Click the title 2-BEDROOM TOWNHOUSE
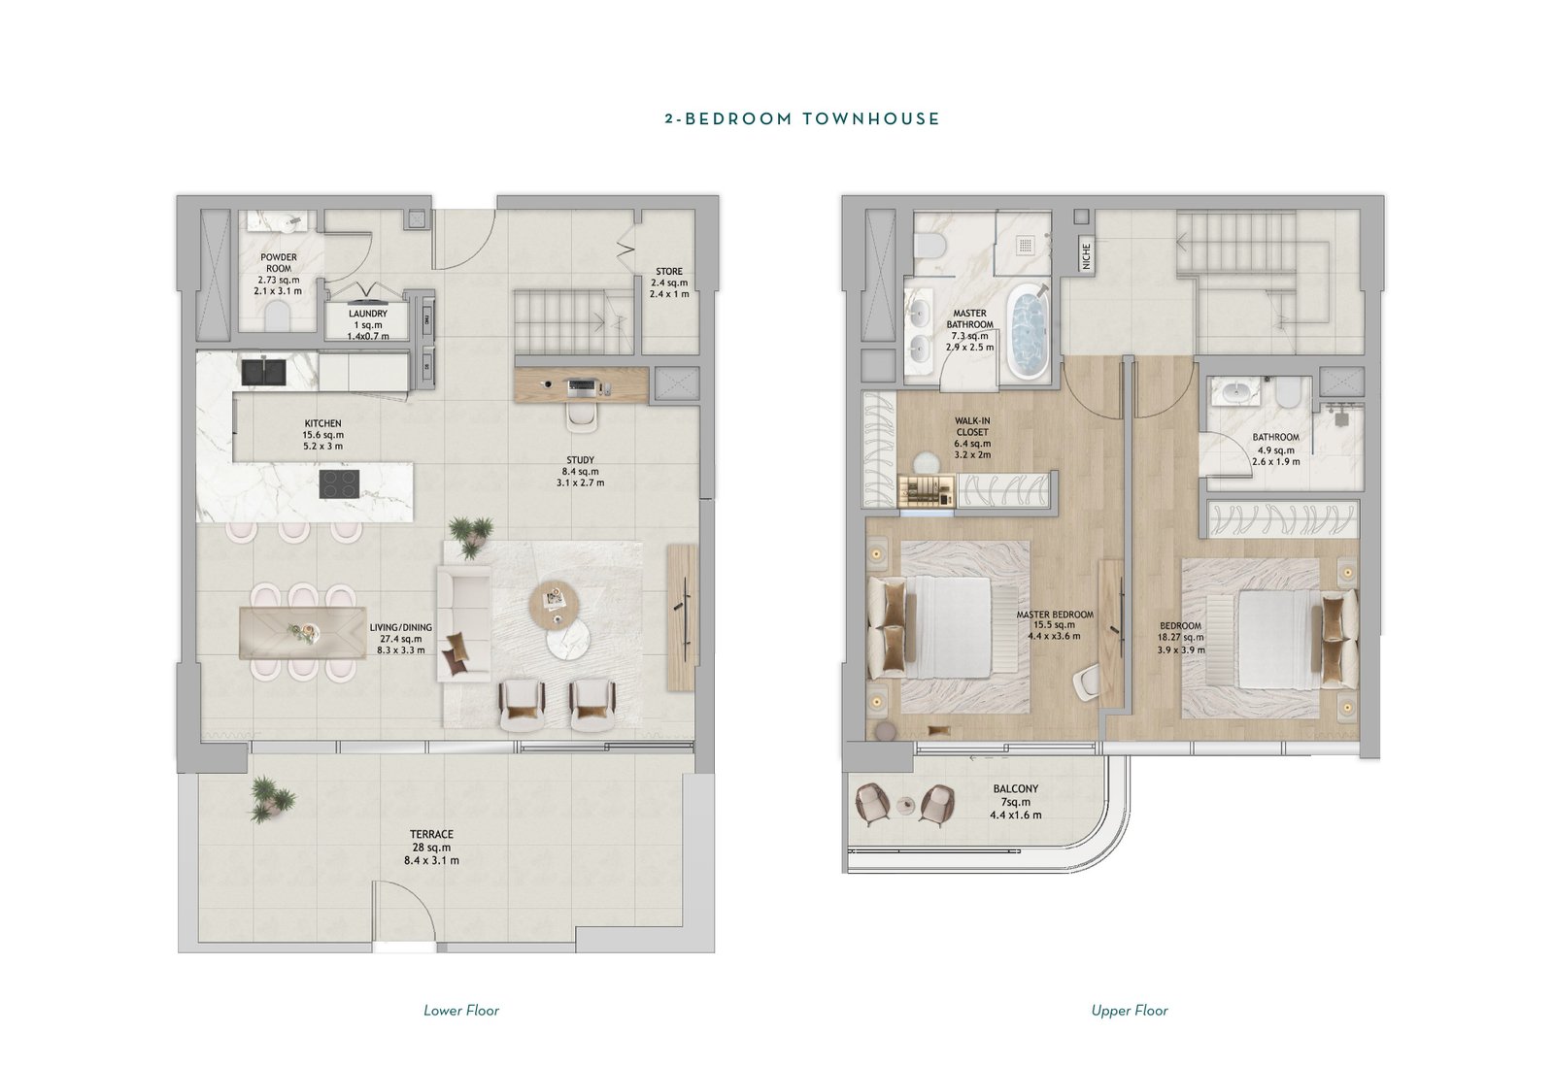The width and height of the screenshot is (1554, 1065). [x=802, y=118]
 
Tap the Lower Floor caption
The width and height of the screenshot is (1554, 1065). [x=461, y=1011]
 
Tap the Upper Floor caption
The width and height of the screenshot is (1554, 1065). [x=1130, y=1011]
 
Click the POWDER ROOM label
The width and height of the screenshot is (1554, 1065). [x=279, y=263]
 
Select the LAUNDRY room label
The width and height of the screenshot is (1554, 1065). [x=368, y=314]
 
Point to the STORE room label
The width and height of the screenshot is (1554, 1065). [x=669, y=271]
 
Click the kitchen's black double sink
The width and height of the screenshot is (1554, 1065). [x=263, y=370]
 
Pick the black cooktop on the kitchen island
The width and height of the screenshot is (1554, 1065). [x=339, y=483]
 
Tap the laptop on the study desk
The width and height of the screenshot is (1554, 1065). [x=582, y=387]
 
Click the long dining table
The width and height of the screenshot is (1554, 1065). [x=302, y=632]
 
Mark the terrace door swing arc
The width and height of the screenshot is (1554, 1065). [x=412, y=894]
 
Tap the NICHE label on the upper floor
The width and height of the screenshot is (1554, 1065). [x=1087, y=256]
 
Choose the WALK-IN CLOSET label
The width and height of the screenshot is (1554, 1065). [x=972, y=426]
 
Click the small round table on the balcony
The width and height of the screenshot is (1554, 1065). [x=906, y=804]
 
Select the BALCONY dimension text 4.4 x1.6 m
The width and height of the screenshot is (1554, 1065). [x=1016, y=815]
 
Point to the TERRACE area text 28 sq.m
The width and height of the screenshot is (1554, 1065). [x=431, y=848]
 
